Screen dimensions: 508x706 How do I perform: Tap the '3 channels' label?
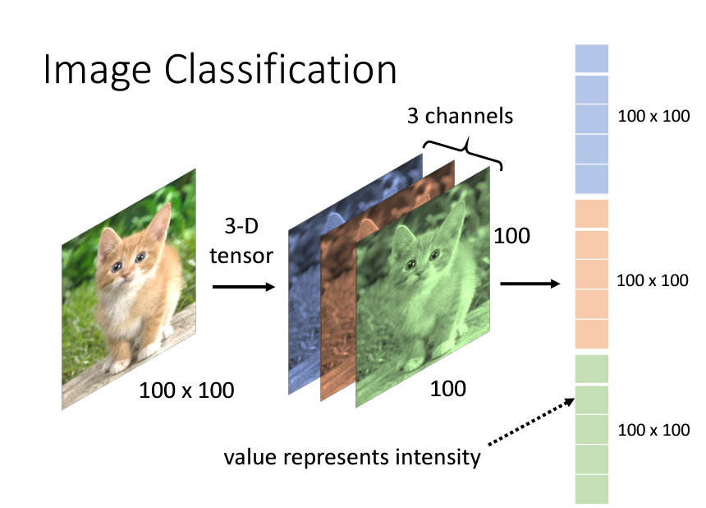click(x=460, y=116)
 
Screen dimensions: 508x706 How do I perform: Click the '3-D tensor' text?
click(x=241, y=243)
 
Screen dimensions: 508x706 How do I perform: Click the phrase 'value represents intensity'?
click(x=352, y=456)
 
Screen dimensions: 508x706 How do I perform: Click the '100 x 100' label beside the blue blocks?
click(x=652, y=116)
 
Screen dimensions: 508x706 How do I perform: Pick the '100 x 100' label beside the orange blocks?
click(x=652, y=280)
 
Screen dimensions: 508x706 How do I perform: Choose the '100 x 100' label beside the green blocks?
click(x=652, y=430)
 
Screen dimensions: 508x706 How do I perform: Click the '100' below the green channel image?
click(x=448, y=388)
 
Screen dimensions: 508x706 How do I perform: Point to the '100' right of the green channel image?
click(x=511, y=237)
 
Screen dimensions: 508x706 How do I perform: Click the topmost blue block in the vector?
click(x=591, y=59)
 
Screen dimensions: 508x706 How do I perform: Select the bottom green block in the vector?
click(x=591, y=490)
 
